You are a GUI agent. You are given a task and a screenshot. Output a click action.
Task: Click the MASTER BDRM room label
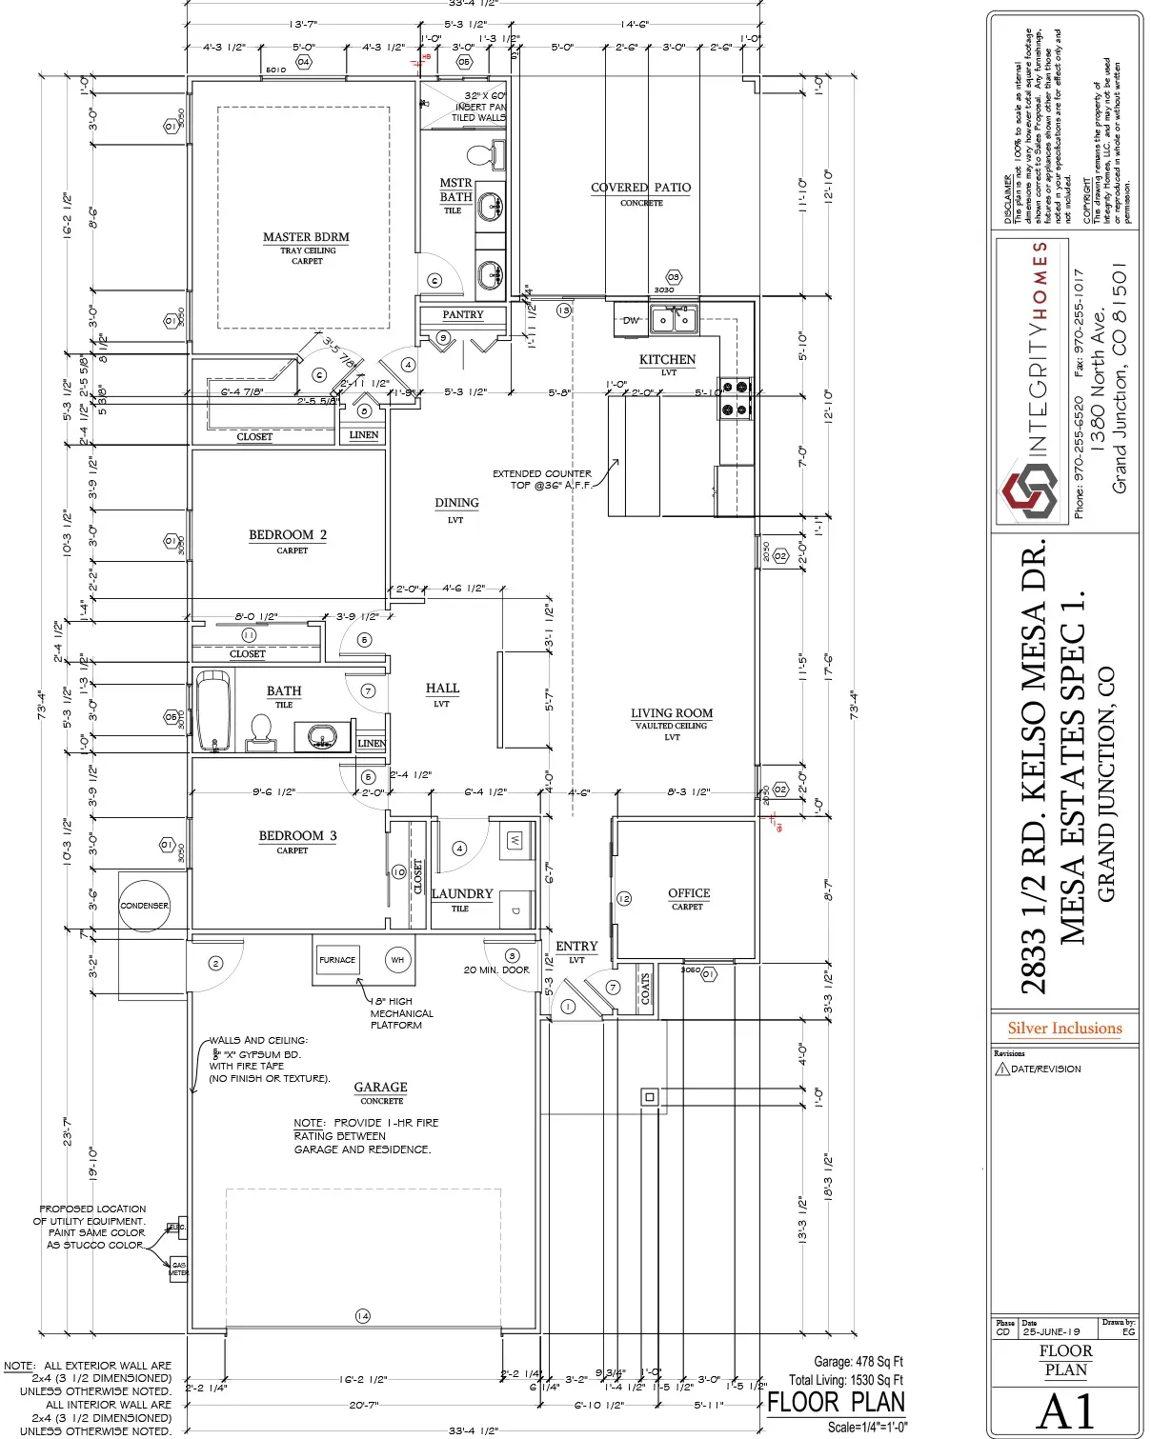click(x=306, y=237)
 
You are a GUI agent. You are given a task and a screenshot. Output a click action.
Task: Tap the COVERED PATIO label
click(x=641, y=188)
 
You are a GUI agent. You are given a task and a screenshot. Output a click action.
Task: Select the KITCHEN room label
click(x=667, y=360)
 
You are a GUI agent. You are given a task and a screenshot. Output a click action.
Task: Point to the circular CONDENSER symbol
click(x=144, y=906)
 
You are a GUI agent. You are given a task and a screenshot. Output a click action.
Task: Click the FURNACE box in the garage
click(x=337, y=960)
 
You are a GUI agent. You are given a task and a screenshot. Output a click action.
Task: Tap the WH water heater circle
click(x=397, y=960)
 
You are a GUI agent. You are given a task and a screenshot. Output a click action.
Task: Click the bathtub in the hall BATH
click(x=213, y=711)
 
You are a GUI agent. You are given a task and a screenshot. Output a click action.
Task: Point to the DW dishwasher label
click(x=631, y=321)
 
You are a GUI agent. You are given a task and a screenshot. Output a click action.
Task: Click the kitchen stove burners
click(x=735, y=398)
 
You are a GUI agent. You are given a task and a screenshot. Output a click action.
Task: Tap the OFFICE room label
click(x=689, y=893)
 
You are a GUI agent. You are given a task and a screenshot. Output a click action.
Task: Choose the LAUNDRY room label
click(x=462, y=894)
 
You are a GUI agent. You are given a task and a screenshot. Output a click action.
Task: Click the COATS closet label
click(x=645, y=989)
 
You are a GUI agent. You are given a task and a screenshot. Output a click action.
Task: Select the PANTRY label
click(x=463, y=314)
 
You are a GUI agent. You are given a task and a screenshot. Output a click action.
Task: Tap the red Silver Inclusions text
click(x=1065, y=1029)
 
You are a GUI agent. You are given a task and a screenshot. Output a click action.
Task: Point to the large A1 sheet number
click(x=1065, y=1410)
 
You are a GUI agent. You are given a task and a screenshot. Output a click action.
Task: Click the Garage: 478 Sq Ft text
click(x=858, y=1362)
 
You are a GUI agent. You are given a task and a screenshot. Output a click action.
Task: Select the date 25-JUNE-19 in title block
click(x=1051, y=1331)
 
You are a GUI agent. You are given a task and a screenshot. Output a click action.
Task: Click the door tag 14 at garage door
click(x=363, y=1316)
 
